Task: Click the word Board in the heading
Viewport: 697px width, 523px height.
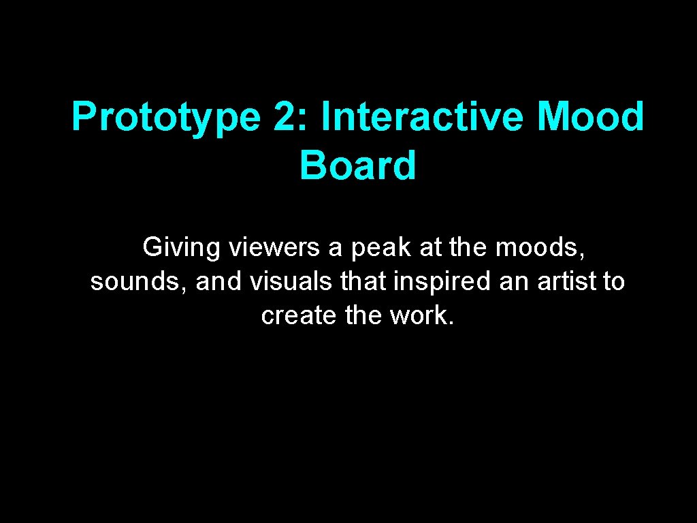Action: [357, 165]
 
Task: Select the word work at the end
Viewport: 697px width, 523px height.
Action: [421, 315]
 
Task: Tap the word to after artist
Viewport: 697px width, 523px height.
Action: [613, 281]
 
